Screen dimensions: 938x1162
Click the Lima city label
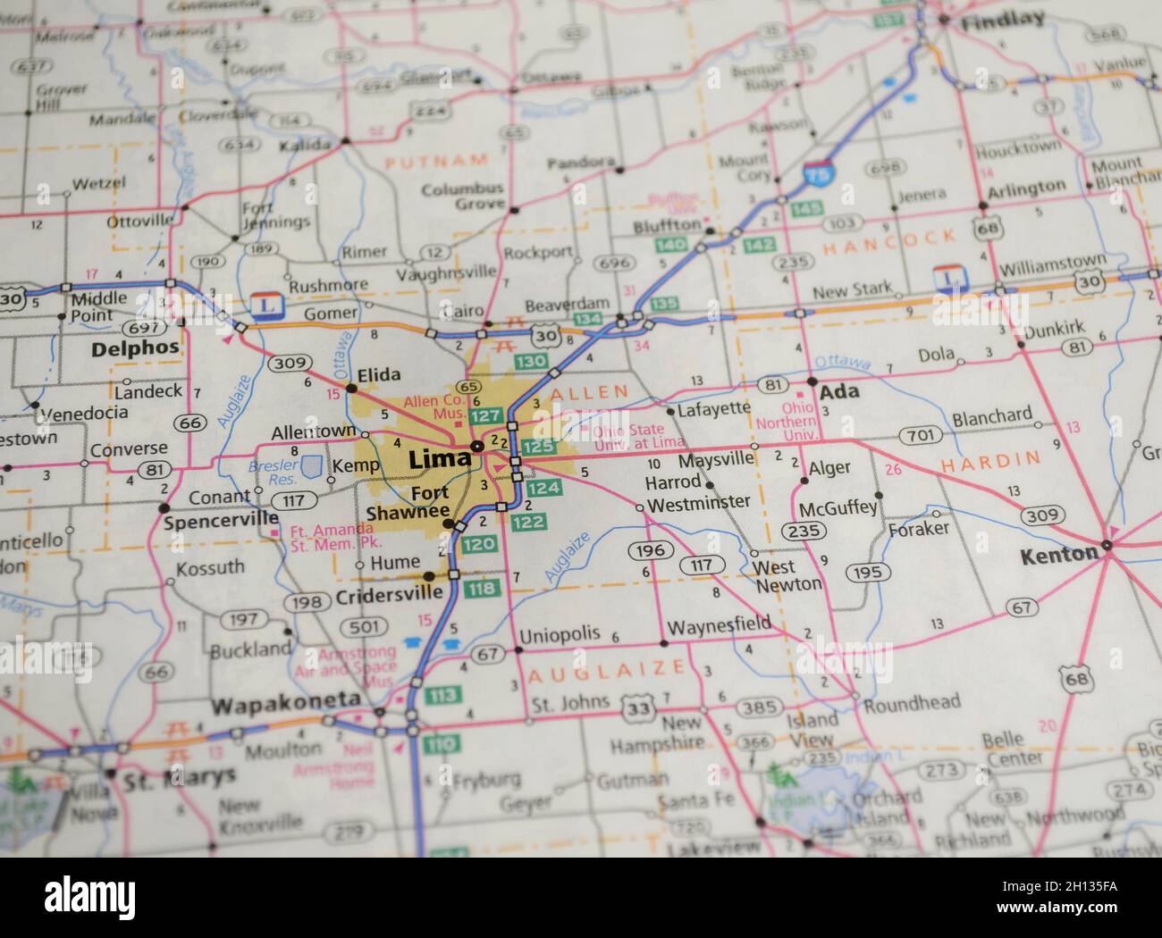coord(439,460)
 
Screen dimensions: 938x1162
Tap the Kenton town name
coord(1058,555)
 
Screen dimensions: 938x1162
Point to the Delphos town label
coord(135,348)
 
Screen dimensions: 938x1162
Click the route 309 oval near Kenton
coord(1043,515)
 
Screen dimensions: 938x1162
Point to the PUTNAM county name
coord(437,161)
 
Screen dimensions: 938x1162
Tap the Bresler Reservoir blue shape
coord(312,465)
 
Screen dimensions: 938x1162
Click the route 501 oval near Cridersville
coord(364,628)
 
